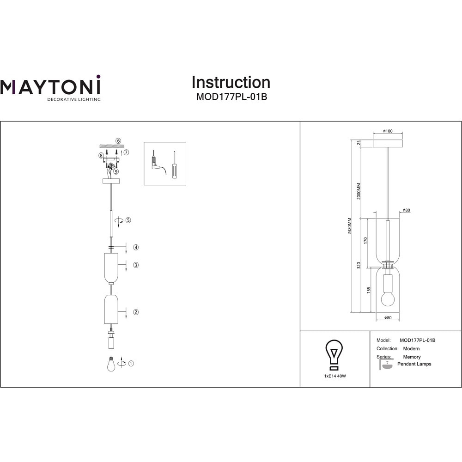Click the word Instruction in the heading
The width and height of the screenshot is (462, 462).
231,82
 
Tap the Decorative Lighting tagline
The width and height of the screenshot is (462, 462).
74,99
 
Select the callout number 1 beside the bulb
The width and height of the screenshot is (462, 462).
131,363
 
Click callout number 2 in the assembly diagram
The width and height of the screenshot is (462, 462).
136,312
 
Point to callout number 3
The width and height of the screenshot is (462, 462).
136,265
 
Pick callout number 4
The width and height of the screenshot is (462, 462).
136,247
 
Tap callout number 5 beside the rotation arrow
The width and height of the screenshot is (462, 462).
128,220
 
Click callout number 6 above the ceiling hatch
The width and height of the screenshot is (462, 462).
118,141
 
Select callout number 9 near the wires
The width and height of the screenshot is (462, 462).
116,171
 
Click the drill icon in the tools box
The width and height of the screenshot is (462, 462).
157,162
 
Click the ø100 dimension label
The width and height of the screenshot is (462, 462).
388,131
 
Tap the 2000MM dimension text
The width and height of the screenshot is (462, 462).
359,191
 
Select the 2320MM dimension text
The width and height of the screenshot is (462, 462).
350,226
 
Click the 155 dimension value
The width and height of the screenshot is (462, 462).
369,290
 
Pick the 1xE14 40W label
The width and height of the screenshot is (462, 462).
335,376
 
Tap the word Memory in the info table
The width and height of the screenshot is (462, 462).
412,357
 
